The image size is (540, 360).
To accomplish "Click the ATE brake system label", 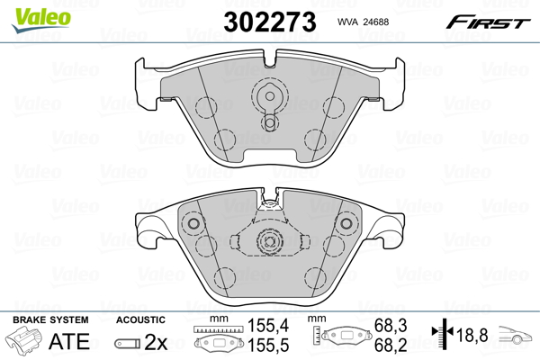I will [68, 341].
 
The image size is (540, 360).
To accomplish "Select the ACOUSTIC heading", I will [140, 320].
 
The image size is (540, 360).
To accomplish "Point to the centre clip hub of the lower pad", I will [268, 241].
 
